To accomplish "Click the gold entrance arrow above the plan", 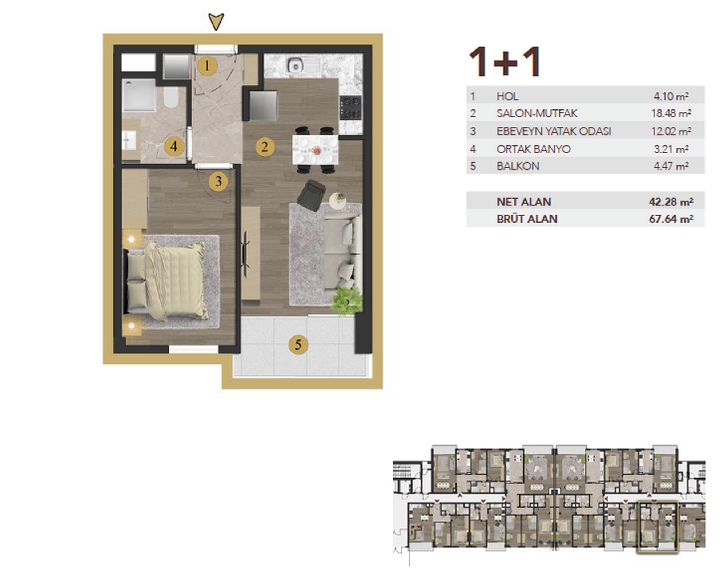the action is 216,21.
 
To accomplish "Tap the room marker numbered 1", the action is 207,66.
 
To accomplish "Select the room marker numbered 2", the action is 265,147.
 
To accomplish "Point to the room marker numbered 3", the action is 218,181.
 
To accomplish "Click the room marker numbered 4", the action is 174,147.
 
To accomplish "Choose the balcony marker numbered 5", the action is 298,344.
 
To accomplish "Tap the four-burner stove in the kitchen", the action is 350,108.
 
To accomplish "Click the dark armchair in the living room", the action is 311,195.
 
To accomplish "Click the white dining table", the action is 315,149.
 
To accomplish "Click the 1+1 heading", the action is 505,62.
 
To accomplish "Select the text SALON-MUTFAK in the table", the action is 537,113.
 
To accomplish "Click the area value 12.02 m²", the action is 671,131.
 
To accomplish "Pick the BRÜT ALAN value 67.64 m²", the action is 671,219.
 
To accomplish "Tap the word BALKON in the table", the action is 518,166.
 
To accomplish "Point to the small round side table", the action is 338,200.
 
